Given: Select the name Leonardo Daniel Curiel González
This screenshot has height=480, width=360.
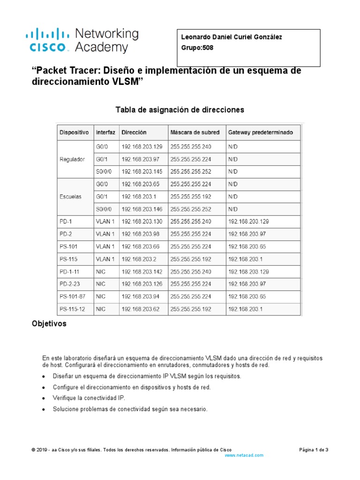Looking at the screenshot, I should coord(232,37).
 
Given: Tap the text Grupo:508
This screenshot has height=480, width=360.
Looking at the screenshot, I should coord(197,47).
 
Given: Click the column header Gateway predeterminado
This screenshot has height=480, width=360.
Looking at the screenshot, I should coord(261,132).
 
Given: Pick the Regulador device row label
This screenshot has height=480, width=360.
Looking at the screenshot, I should coord(73,159).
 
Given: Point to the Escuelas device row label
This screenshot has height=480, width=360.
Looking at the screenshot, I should coord(71,196).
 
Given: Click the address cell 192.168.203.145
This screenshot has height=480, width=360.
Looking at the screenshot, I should coord(142,172).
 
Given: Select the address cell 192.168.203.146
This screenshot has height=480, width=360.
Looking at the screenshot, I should coord(142,209).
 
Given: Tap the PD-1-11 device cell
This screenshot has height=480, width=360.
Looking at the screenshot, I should coord(70,271).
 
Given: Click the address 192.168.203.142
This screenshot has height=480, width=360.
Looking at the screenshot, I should coord(142,271).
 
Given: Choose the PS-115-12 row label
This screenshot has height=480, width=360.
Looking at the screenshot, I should coord(72,309).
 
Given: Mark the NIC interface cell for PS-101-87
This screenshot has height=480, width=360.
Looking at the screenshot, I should coord(101,296).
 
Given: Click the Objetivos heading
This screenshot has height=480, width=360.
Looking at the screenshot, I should coord(49,324).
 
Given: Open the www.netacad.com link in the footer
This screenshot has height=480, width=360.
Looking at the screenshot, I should coord(244,455).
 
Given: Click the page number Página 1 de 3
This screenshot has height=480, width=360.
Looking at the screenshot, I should coord(314,450).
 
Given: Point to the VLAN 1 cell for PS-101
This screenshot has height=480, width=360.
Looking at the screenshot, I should coord(105,247).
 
